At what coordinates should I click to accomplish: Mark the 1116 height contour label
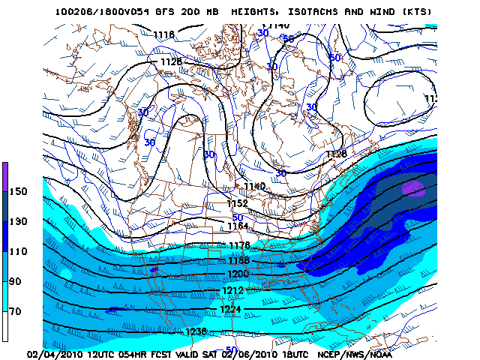pyautogui.click(x=163, y=35)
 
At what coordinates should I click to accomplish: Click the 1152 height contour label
pyautogui.click(x=238, y=203)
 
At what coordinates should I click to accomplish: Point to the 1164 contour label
pyautogui.click(x=238, y=225)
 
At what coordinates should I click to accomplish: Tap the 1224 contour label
pyautogui.click(x=230, y=309)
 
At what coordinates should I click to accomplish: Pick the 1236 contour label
pyautogui.click(x=195, y=331)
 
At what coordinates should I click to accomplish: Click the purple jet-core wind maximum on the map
pyautogui.click(x=413, y=187)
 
